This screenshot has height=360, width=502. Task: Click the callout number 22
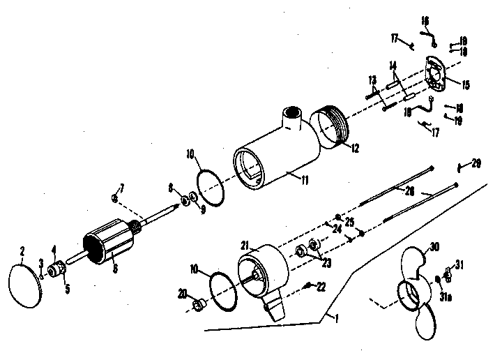pyautogui.click(x=321, y=287)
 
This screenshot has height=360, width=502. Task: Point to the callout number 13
pyautogui.click(x=372, y=80)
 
